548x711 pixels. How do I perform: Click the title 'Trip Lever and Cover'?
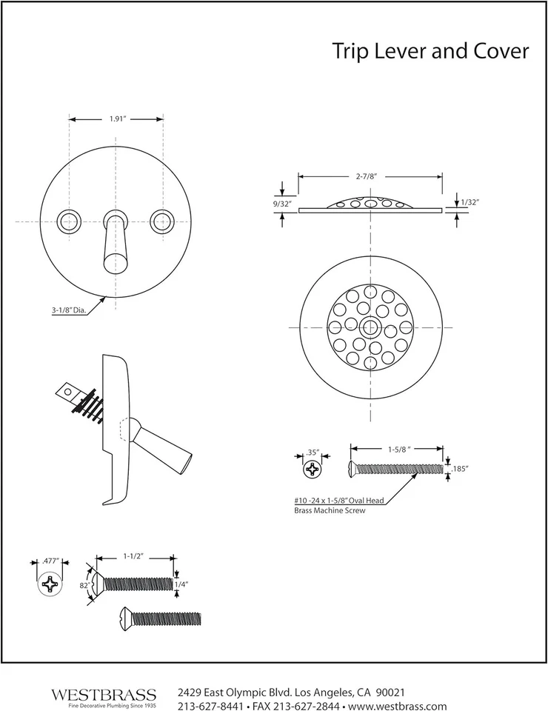click(x=430, y=51)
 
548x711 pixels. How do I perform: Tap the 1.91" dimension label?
click(x=116, y=118)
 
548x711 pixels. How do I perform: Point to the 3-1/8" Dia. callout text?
click(x=70, y=311)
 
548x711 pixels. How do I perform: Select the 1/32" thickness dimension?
click(x=469, y=201)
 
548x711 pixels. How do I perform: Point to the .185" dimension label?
click(x=460, y=469)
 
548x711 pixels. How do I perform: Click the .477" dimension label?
click(x=50, y=561)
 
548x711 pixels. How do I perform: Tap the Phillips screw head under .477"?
click(x=50, y=584)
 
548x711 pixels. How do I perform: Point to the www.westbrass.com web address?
click(x=400, y=705)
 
